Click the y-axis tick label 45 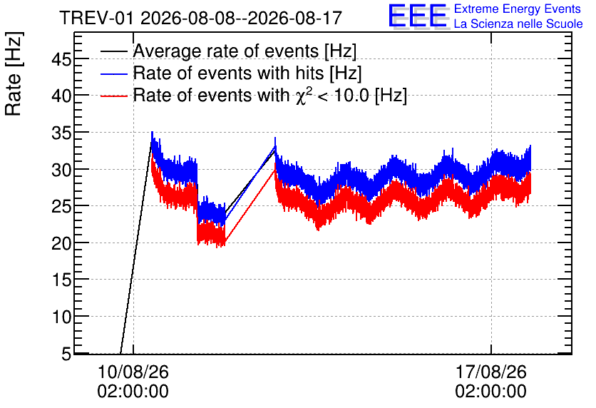click(61, 60)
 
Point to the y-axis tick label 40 click(61, 96)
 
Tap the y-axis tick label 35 click(61, 133)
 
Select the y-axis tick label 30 click(61, 170)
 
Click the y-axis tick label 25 click(61, 207)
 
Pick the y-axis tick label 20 click(61, 244)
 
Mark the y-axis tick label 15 click(61, 280)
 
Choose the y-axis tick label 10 click(61, 317)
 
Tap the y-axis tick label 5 click(66, 355)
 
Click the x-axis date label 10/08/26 click(133, 372)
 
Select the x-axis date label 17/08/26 click(491, 372)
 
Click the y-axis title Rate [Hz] click(14, 73)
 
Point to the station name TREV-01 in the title click(97, 19)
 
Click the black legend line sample click(113, 51)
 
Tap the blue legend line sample click(113, 73)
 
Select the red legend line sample click(113, 96)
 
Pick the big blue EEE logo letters click(418, 16)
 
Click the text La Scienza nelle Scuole click(518, 24)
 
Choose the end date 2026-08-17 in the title click(295, 19)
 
